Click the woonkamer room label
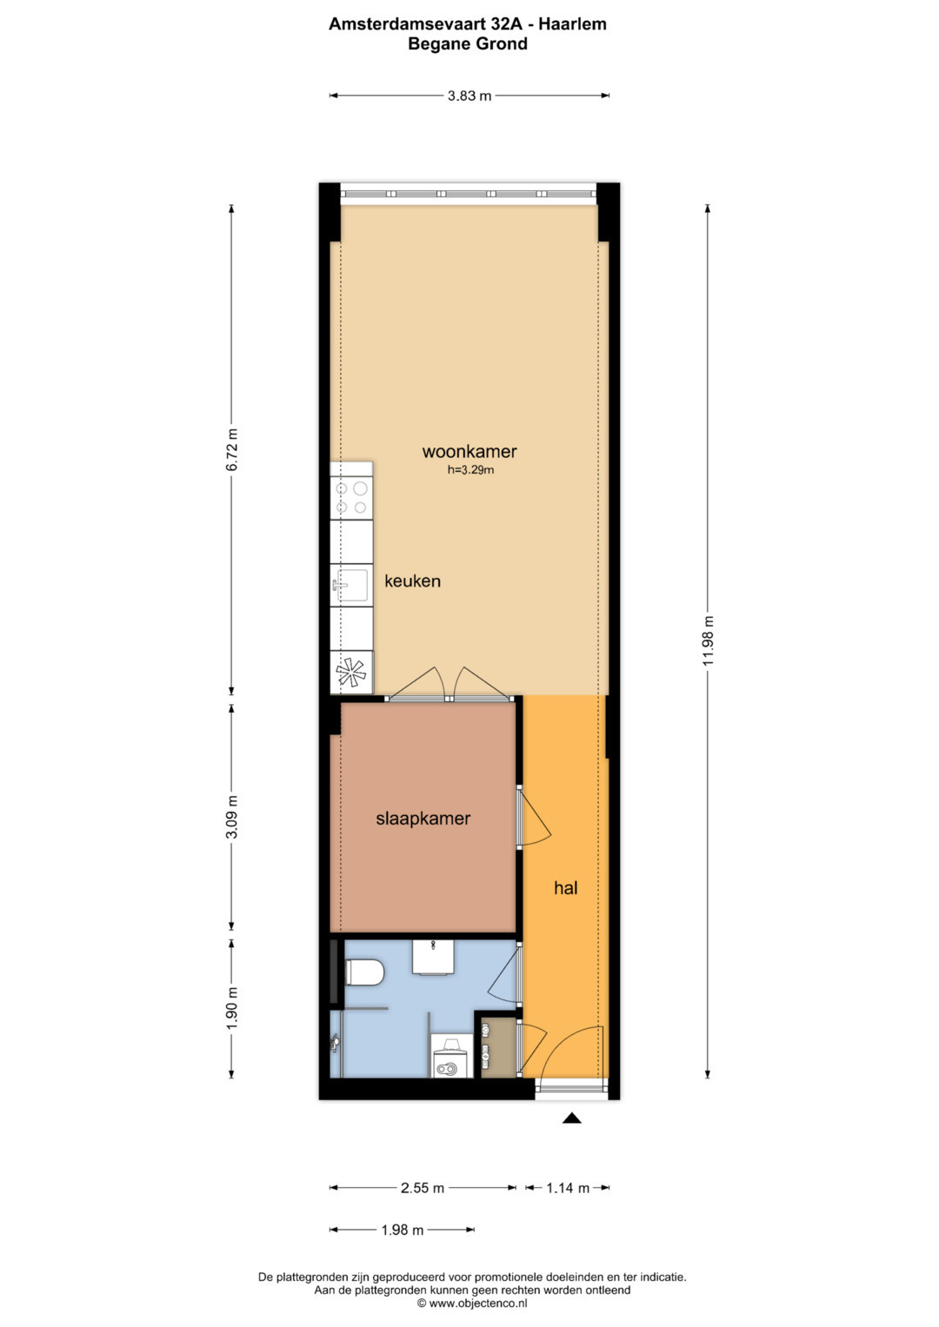coord(469,451)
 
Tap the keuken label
coord(413,581)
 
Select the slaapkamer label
coord(423,819)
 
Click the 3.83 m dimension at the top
coord(469,96)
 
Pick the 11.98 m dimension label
coord(709,640)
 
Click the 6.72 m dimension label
coord(232,449)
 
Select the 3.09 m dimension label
coord(232,816)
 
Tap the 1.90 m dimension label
coord(232,1008)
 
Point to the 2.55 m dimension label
coord(423,1188)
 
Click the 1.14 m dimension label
coord(567,1188)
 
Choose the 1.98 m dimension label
coord(402,1230)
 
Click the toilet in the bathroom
coord(364,972)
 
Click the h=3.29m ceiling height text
coord(470,470)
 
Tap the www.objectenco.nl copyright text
coord(472,1303)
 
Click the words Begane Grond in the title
coord(467,43)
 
